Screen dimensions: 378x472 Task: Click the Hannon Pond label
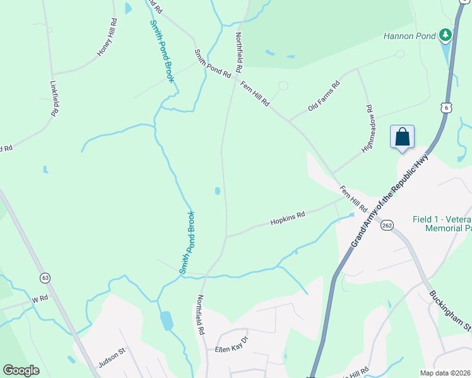(x=410, y=36)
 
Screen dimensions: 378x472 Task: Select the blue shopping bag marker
(x=402, y=137)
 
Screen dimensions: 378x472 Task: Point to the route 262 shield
(x=387, y=225)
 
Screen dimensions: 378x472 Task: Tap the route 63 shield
(x=45, y=277)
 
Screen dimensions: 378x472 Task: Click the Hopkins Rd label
(x=288, y=218)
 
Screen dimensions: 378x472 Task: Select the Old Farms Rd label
(x=323, y=96)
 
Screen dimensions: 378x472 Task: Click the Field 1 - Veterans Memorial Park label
(x=442, y=224)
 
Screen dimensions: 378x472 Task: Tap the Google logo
(x=21, y=370)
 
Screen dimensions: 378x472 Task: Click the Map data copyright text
(x=445, y=373)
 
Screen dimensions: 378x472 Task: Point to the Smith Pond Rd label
(x=213, y=64)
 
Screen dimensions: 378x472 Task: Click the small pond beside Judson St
(x=167, y=321)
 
